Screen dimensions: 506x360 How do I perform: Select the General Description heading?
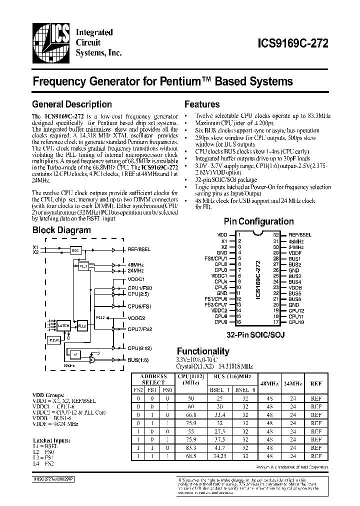(x=71, y=104)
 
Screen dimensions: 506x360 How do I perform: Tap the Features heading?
(x=202, y=104)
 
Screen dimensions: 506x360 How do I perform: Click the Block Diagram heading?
(x=61, y=230)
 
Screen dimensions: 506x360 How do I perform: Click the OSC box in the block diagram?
(x=75, y=250)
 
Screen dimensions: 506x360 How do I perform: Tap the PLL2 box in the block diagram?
(x=82, y=325)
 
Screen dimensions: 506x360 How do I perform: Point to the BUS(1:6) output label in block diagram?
(x=137, y=359)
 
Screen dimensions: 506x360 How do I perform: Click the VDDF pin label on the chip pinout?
(x=295, y=253)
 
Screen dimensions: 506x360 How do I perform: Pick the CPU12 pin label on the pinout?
(x=296, y=311)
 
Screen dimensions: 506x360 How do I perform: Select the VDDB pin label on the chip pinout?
(x=295, y=287)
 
